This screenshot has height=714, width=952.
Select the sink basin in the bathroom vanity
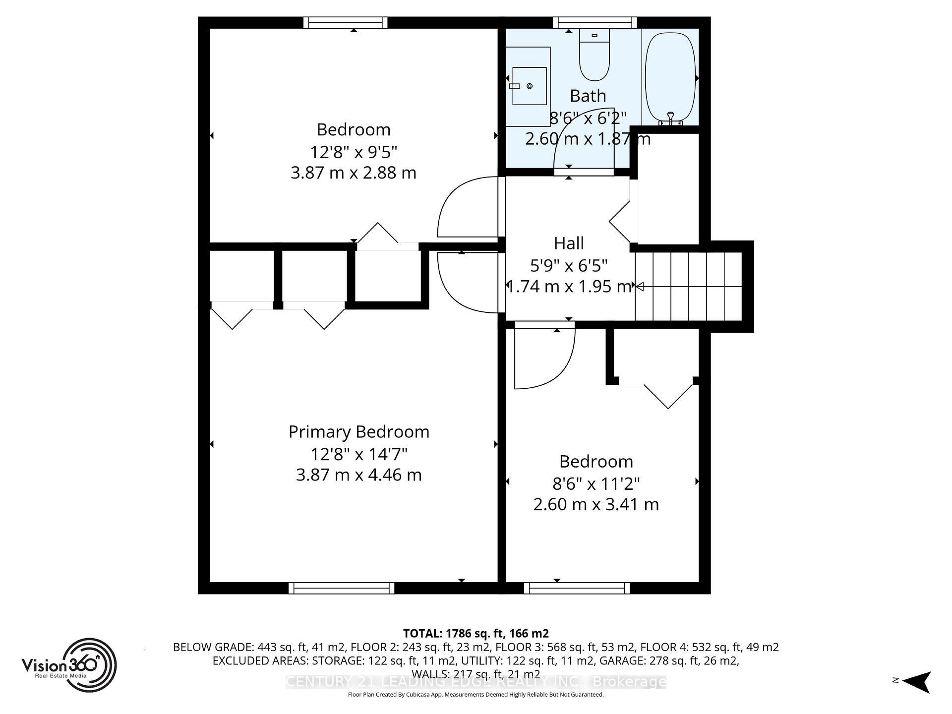pyautogui.click(x=529, y=86)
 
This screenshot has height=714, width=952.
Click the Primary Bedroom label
pyautogui.click(x=358, y=432)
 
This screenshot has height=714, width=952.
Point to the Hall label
pyautogui.click(x=568, y=243)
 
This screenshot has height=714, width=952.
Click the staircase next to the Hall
pyautogui.click(x=689, y=286)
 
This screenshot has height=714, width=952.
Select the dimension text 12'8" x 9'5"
pyautogui.click(x=354, y=151)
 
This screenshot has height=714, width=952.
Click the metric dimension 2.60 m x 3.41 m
pyautogui.click(x=595, y=505)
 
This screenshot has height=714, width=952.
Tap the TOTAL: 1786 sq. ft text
pyautogui.click(x=476, y=633)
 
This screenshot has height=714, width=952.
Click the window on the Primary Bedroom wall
pyautogui.click(x=341, y=588)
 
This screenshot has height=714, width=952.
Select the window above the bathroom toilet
pyautogui.click(x=595, y=22)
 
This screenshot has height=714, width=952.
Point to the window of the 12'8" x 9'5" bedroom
pyautogui.click(x=345, y=22)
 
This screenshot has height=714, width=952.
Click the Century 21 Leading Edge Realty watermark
pyautogui.click(x=476, y=682)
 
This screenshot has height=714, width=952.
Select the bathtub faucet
pyautogui.click(x=670, y=118)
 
